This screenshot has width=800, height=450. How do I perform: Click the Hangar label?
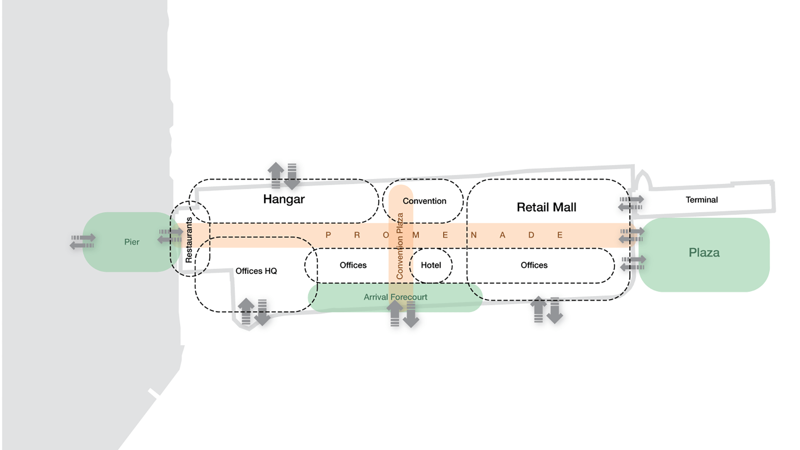284,199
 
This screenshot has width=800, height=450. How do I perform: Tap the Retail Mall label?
546,207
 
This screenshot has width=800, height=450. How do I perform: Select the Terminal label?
702,200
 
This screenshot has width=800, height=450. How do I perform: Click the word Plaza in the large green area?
704,252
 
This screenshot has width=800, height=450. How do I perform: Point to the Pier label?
132,242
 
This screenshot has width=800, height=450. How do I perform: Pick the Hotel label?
431,265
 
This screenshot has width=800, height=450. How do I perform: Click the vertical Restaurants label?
189,240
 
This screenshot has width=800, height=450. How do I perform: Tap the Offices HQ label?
256,271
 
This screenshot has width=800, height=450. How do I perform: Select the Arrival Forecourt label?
395,297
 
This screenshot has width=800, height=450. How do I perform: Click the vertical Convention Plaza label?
400,246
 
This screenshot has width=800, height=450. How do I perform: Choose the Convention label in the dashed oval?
424,201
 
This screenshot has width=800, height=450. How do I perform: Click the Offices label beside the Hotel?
353,265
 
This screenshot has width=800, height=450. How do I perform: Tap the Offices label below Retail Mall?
534,265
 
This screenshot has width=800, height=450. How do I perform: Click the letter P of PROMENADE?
328,235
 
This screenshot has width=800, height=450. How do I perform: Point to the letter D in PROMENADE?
531,235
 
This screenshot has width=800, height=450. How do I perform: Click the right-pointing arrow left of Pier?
83,238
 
